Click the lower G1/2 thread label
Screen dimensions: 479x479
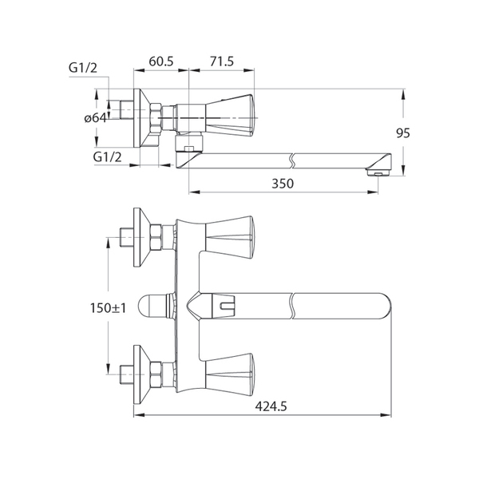107,156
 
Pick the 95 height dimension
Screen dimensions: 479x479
402,133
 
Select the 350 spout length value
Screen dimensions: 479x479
283,183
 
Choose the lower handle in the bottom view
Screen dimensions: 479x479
229,370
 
